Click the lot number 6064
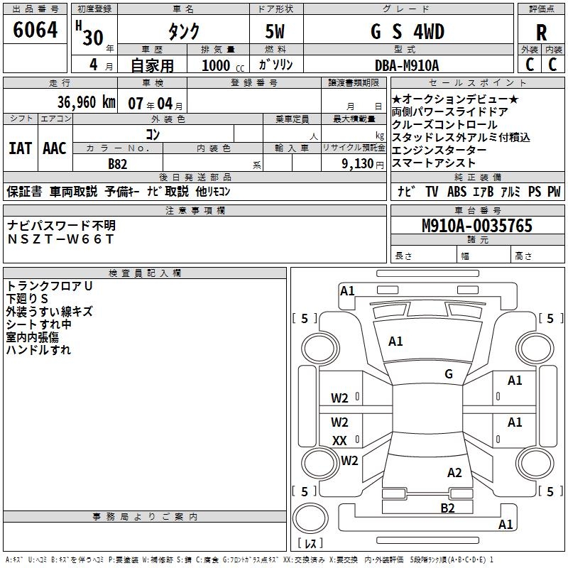35,31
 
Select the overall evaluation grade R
542,33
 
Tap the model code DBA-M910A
407,65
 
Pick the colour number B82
118,163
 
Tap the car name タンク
183,33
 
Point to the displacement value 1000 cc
217,65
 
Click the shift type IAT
20,148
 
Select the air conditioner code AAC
55,148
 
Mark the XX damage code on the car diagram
339,441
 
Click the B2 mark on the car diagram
447,507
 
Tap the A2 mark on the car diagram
454,473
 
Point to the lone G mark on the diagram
449,374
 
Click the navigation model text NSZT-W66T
60,239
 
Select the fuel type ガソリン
280,65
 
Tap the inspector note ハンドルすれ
38,349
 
